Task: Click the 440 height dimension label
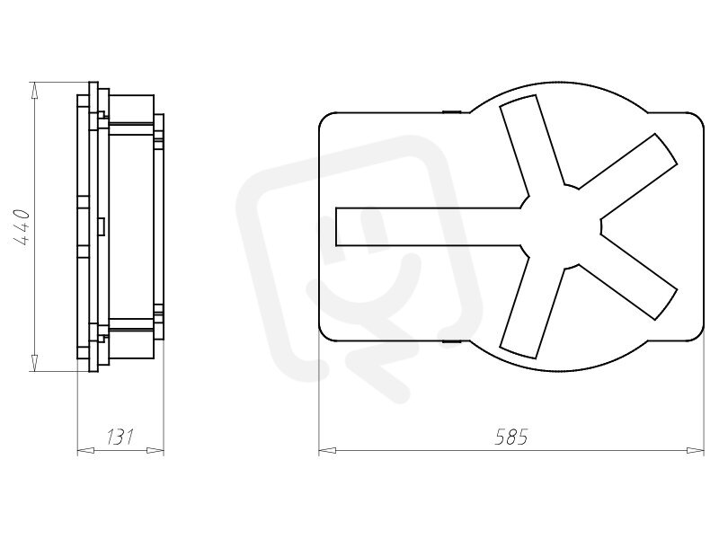point(22,227)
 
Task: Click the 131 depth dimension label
point(120,437)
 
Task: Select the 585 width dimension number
point(511,437)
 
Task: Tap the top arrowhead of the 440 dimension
point(34,91)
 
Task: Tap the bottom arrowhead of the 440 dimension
point(34,363)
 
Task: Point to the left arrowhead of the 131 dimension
point(85,451)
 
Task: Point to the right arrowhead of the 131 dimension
point(155,451)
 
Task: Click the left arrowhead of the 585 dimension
point(327,451)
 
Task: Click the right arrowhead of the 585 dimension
point(695,451)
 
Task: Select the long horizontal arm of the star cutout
point(429,227)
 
